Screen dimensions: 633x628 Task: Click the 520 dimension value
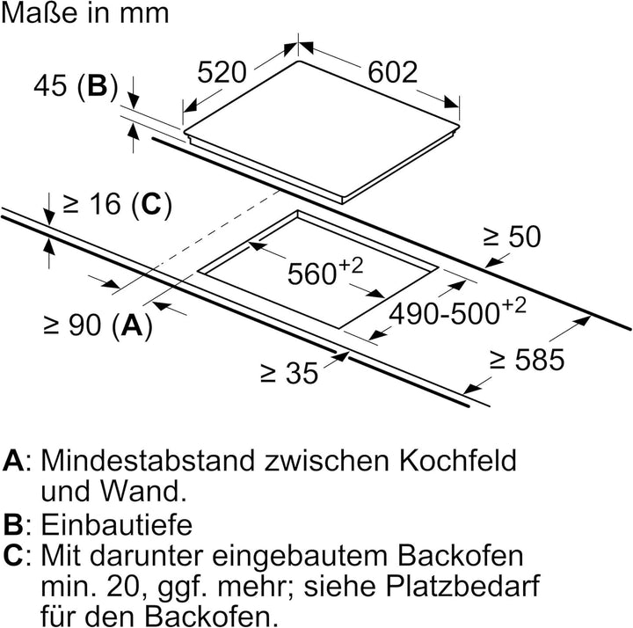222,72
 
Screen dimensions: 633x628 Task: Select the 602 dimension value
392,72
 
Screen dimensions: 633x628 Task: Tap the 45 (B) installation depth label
76,86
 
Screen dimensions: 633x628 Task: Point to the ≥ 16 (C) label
117,203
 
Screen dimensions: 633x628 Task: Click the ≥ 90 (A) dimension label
98,325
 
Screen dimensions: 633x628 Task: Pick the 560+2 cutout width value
325,271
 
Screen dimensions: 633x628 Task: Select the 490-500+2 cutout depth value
457,310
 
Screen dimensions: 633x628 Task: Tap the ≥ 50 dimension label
512,237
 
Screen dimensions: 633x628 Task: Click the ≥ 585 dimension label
526,360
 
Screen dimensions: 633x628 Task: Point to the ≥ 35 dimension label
289,373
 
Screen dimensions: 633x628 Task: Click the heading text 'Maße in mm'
84,13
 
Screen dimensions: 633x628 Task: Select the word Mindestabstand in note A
148,460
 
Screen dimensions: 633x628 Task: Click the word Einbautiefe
117,524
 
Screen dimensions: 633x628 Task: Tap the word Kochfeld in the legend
458,460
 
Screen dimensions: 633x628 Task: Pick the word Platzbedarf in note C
463,587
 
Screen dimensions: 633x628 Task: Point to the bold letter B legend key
13,524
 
